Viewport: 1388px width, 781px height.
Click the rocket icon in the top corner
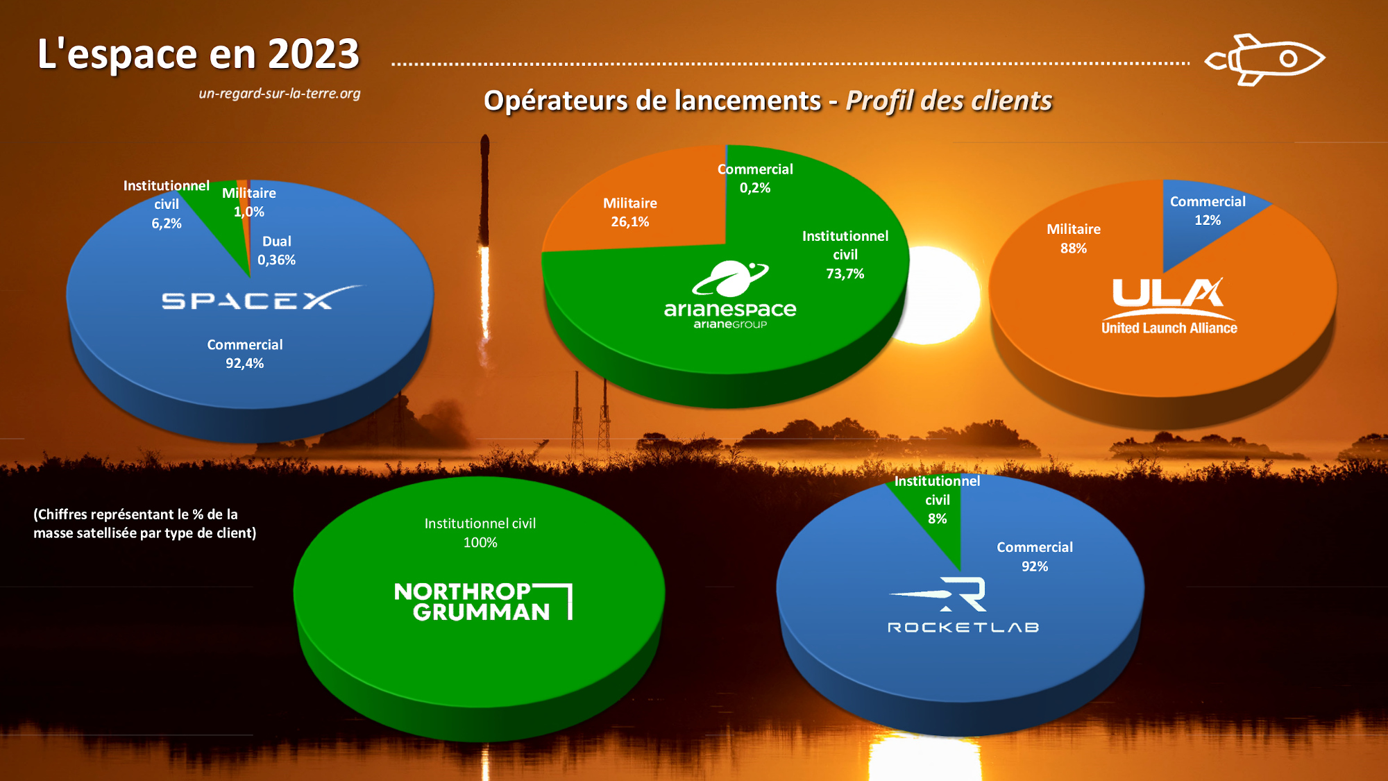pyautogui.click(x=1264, y=60)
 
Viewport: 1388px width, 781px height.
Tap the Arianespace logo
pyautogui.click(x=730, y=294)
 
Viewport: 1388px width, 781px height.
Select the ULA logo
pyautogui.click(x=1169, y=306)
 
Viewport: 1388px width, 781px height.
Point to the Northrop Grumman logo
pyautogui.click(x=483, y=601)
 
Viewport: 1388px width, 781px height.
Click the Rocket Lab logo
pyautogui.click(x=963, y=605)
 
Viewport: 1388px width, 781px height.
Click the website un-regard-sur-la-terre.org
pyautogui.click(x=280, y=93)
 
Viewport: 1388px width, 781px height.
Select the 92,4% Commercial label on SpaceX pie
pyautogui.click(x=245, y=354)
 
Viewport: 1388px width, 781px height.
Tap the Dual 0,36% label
pyautogui.click(x=276, y=251)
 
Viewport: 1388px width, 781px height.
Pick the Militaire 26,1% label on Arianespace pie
pyautogui.click(x=630, y=212)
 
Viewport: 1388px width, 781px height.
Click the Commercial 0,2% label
pyautogui.click(x=755, y=178)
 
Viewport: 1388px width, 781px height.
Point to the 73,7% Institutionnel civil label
pyautogui.click(x=845, y=255)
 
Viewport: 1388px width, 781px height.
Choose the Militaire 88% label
pyautogui.click(x=1074, y=238)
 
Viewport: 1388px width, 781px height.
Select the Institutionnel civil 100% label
pyautogui.click(x=480, y=532)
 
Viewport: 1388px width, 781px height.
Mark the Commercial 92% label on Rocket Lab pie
pyautogui.click(x=1035, y=556)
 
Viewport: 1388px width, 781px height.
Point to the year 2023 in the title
pyautogui.click(x=314, y=54)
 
